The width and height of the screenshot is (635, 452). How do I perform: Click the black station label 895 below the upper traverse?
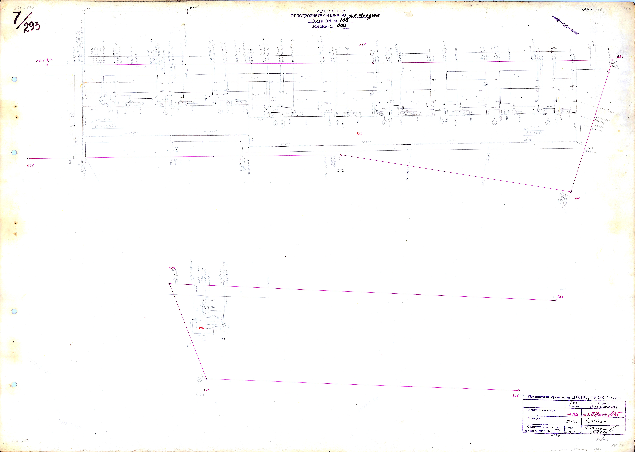340,170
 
